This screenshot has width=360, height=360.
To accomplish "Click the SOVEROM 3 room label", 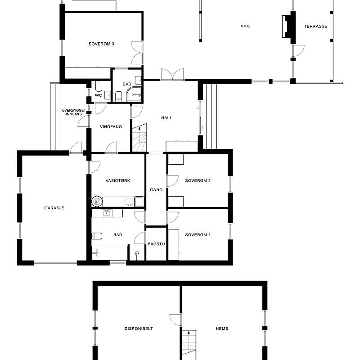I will pyautogui.click(x=101, y=44).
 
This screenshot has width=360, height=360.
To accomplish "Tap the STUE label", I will pyautogui.click(x=245, y=26).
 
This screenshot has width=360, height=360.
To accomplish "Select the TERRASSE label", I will pyautogui.click(x=315, y=26).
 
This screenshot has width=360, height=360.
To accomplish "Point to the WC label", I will pyautogui.click(x=98, y=95).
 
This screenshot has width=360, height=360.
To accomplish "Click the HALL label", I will pyautogui.click(x=166, y=118).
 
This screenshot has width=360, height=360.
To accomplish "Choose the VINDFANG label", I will pyautogui.click(x=111, y=127).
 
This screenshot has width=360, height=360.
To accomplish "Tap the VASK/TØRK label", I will pyautogui.click(x=118, y=180).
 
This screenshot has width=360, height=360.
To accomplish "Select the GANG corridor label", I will pyautogui.click(x=156, y=190).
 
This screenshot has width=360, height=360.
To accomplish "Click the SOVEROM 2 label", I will pyautogui.click(x=198, y=180).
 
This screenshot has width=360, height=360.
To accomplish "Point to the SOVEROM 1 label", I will pyautogui.click(x=198, y=235).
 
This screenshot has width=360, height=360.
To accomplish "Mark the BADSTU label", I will pyautogui.click(x=156, y=244).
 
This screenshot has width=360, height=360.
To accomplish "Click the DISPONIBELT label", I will pyautogui.click(x=139, y=328).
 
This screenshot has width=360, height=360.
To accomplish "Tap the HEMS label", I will pyautogui.click(x=221, y=328).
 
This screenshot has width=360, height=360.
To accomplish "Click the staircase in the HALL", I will pyautogui.click(x=140, y=138).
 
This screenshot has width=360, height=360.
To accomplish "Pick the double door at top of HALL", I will pyautogui.click(x=172, y=74).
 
